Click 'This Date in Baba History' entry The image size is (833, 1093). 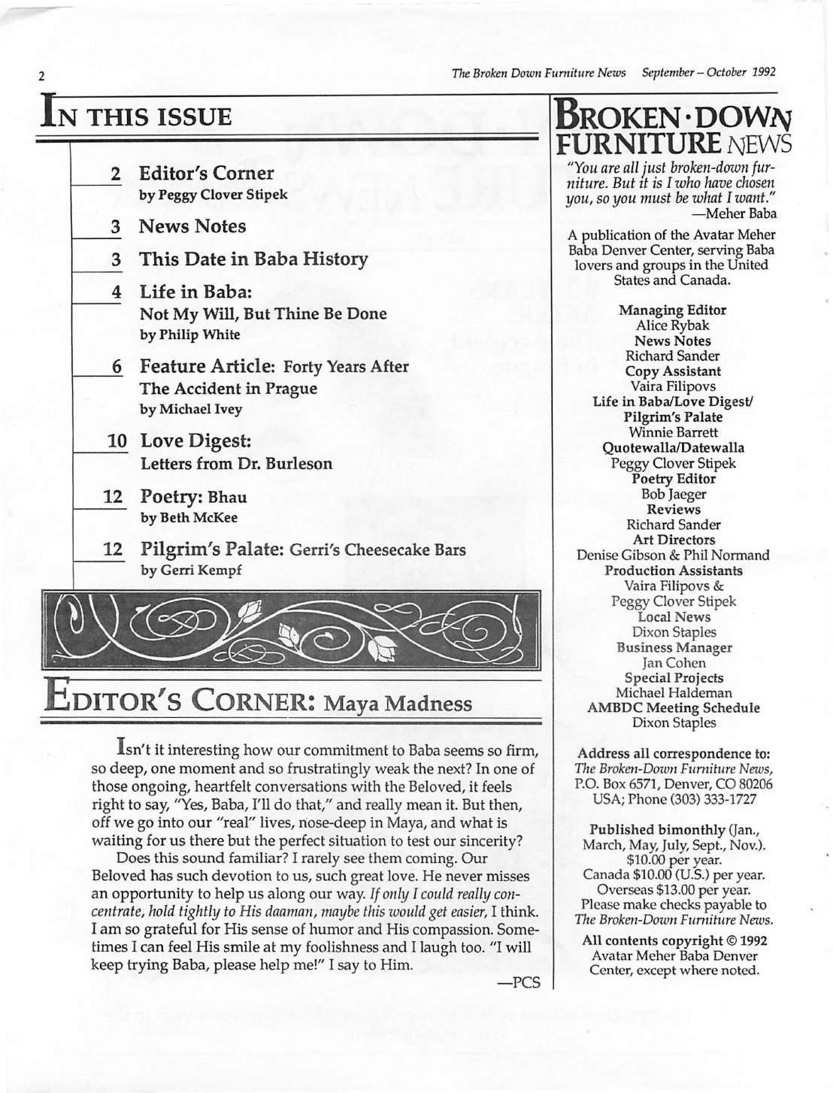[253, 260]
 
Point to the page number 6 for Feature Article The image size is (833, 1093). [117, 367]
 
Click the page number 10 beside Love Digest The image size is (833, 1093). [117, 441]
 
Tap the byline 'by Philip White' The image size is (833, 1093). [190, 335]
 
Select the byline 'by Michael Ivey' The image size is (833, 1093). [191, 410]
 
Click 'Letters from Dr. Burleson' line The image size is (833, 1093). [236, 463]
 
